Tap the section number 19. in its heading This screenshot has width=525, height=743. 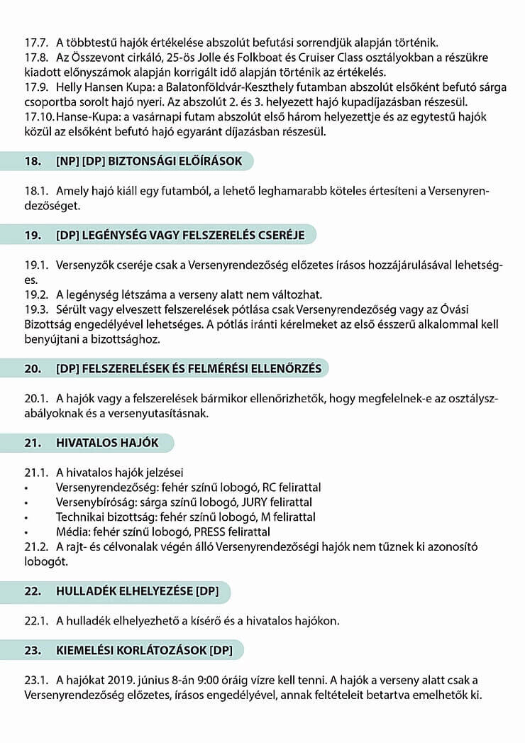click(x=33, y=235)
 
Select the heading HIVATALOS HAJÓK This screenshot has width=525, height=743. click(x=106, y=443)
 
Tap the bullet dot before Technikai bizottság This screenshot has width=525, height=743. click(x=26, y=517)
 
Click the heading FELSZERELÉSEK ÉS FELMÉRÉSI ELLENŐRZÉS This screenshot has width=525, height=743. click(x=188, y=368)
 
